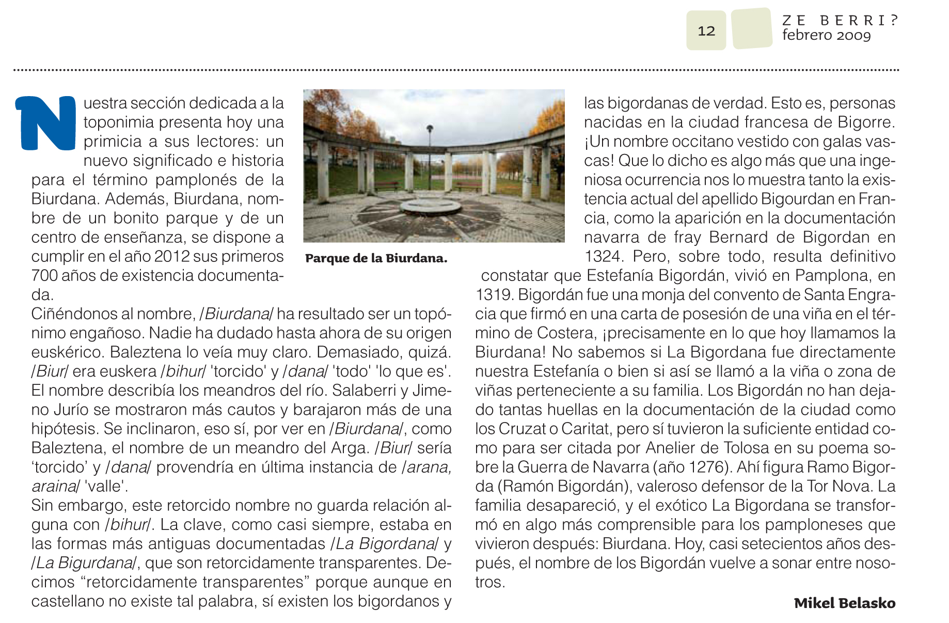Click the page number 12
[x=706, y=31]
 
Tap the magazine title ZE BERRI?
[x=840, y=20]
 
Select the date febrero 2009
[x=826, y=35]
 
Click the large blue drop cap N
[x=46, y=123]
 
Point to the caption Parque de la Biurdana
[x=376, y=258]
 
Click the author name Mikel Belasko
[x=844, y=603]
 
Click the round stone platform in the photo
[x=431, y=206]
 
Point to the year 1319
[x=494, y=294]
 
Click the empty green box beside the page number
[x=752, y=29]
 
